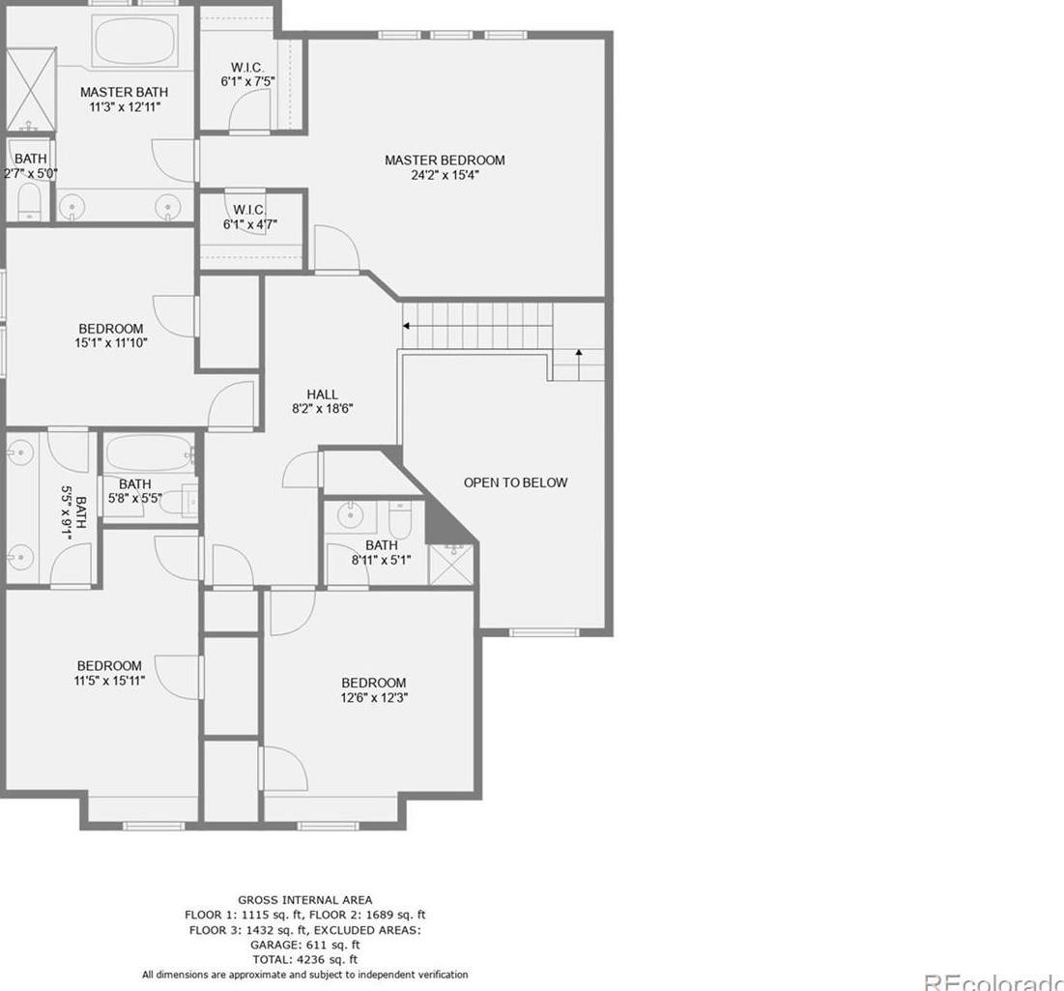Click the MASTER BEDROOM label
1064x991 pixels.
click(x=445, y=160)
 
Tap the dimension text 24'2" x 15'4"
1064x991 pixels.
click(x=445, y=176)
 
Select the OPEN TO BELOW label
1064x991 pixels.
click(x=515, y=482)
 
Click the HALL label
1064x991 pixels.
click(x=322, y=394)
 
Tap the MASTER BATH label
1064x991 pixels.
click(x=124, y=92)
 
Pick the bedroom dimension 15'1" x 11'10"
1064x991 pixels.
click(x=110, y=342)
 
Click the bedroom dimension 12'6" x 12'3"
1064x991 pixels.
click(x=373, y=697)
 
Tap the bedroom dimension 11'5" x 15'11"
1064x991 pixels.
click(x=109, y=681)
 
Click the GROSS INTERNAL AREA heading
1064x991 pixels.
click(x=304, y=900)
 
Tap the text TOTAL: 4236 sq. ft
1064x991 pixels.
click(x=304, y=959)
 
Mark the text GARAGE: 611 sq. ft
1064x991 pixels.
click(x=304, y=945)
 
